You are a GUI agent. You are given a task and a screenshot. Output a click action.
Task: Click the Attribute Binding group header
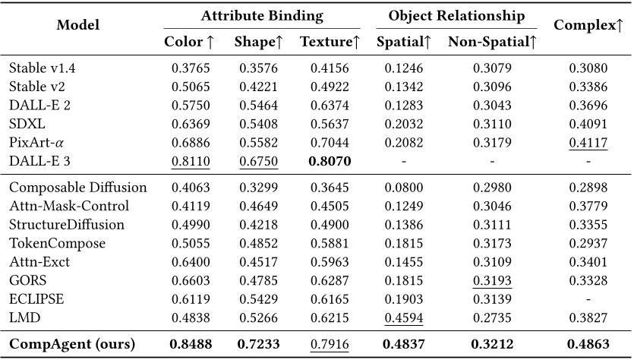point(261,15)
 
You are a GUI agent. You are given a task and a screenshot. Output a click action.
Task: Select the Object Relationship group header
point(456,15)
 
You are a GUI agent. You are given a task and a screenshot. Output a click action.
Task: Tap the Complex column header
point(588,26)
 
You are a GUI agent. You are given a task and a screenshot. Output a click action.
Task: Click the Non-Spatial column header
point(492,42)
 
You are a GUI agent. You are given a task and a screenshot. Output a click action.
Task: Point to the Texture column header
point(330,42)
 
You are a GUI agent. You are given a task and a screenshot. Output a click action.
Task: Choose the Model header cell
point(77,26)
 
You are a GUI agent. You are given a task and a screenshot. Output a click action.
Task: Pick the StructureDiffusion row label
point(67,224)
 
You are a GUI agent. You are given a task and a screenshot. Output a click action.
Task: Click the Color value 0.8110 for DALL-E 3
point(189,162)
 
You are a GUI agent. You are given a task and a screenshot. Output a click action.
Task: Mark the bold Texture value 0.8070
point(330,162)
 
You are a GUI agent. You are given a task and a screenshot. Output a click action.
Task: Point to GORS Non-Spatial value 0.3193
point(492,279)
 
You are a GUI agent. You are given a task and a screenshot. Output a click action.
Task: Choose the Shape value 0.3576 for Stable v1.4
point(259,69)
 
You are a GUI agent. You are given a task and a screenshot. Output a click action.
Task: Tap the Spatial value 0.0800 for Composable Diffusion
point(403,187)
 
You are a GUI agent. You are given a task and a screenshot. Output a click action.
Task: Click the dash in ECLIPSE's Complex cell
point(588,298)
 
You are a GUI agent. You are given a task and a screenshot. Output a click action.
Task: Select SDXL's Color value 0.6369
point(189,125)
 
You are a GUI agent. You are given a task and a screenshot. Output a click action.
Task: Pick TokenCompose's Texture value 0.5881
point(330,242)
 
